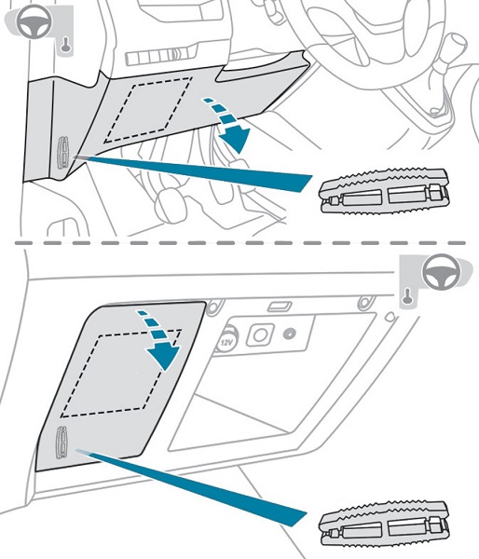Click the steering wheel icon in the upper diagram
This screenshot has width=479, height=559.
pos(34,21)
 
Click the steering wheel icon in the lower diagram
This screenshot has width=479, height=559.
pos(441,272)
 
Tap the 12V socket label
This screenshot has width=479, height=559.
pos(226,343)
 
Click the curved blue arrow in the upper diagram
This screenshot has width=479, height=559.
pos(229,126)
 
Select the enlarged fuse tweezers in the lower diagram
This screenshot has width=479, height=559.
pos(384,524)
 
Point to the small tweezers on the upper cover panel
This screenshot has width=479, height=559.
pos(64,152)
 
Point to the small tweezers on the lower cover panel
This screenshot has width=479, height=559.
pos(62,442)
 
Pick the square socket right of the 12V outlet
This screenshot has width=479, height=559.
pos(260,335)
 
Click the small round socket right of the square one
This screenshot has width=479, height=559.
pos(289,334)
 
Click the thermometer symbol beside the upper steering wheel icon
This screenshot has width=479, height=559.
pos(65,46)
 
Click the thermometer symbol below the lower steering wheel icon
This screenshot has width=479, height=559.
pos(407,297)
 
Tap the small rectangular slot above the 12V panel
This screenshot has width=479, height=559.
pos(280,307)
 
